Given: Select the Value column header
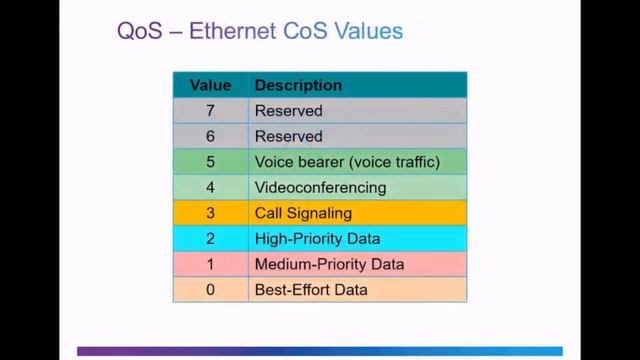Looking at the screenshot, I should pyautogui.click(x=210, y=85).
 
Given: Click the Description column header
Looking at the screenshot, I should pyautogui.click(x=298, y=85).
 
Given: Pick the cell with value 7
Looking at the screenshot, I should pyautogui.click(x=210, y=111).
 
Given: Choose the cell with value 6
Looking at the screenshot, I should pyautogui.click(x=210, y=136).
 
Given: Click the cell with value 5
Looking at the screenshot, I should pyautogui.click(x=210, y=162).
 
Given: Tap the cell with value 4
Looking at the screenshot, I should pyautogui.click(x=210, y=187).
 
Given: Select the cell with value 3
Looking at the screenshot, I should pyautogui.click(x=210, y=213).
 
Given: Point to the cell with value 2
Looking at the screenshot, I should pyautogui.click(x=210, y=239).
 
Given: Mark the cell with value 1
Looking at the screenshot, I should pyautogui.click(x=210, y=264).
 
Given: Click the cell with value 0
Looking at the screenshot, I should pyautogui.click(x=210, y=290).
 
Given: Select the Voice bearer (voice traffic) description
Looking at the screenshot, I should pyautogui.click(x=347, y=162).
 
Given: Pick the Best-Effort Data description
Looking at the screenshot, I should pyautogui.click(x=311, y=290).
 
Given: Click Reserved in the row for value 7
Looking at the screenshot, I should pyautogui.click(x=289, y=111).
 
